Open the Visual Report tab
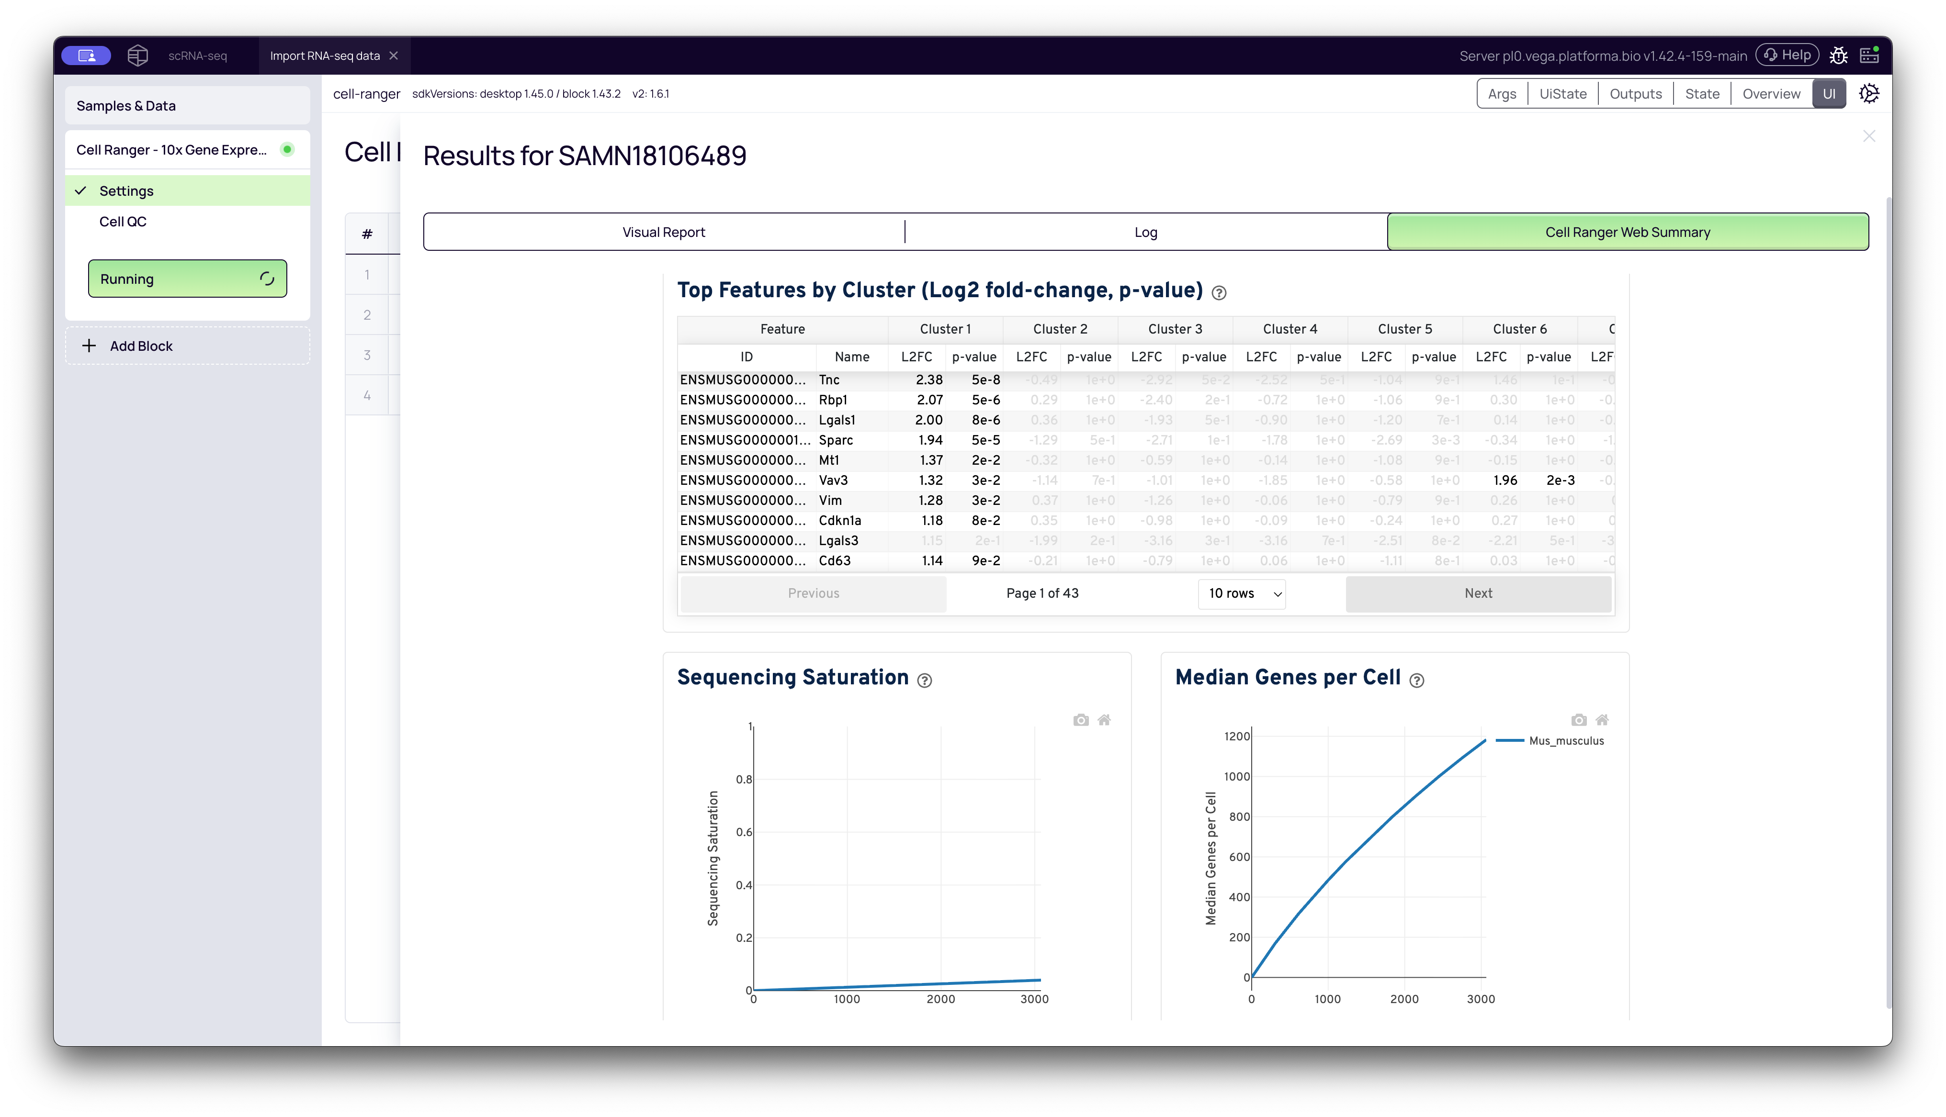[663, 232]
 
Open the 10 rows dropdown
[1242, 593]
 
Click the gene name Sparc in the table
[835, 440]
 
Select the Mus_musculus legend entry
[1565, 740]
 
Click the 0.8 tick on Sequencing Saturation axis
[744, 780]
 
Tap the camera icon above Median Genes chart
[1578, 720]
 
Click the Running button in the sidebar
[187, 279]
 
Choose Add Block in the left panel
[141, 346]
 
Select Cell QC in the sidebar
[123, 222]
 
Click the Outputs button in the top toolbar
[1635, 94]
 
